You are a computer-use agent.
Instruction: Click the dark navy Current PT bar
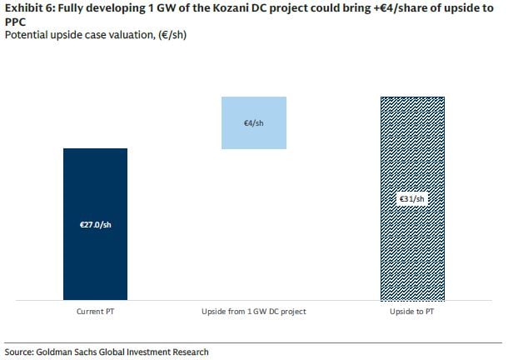coord(95,224)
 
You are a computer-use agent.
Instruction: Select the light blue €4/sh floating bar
coord(254,122)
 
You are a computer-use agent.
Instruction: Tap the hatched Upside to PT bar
coord(412,198)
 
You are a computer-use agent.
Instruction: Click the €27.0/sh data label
coord(96,225)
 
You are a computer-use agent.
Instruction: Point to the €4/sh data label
coord(253,123)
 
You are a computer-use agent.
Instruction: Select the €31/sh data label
coord(412,199)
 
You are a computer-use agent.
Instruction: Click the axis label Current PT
coord(95,312)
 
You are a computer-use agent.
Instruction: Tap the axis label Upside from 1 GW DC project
coord(254,312)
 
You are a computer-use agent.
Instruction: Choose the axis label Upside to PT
coord(412,312)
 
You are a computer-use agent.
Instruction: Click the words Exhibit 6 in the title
coord(30,8)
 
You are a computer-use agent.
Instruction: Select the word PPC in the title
coord(15,22)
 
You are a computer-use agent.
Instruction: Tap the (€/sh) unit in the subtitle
coord(172,35)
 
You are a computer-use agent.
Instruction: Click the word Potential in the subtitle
coord(26,35)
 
